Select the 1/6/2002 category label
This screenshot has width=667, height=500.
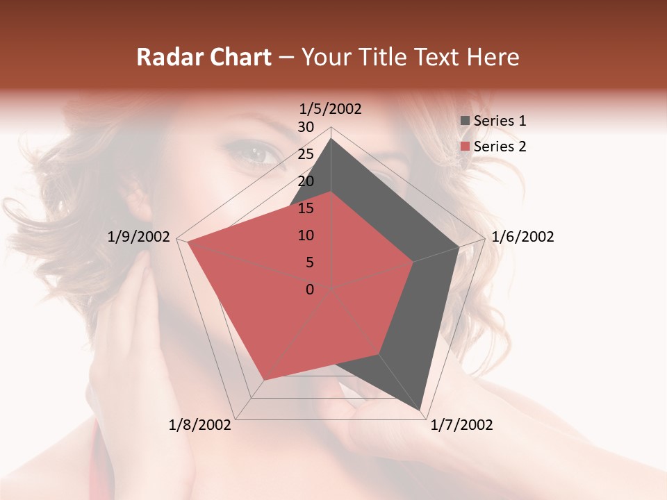point(522,237)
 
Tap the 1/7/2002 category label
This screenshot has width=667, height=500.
point(461,425)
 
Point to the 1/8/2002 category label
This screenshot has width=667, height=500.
point(200,425)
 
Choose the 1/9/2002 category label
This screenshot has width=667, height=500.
point(139,237)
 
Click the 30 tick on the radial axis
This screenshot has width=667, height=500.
point(306,127)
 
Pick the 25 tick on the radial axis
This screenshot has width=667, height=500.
point(306,154)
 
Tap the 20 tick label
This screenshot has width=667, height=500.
point(306,181)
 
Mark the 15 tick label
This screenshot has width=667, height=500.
point(306,208)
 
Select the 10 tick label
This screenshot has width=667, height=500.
point(306,235)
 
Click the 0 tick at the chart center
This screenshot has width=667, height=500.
point(310,290)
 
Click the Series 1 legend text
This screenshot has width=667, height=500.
point(500,121)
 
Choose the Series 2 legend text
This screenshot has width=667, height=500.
point(500,147)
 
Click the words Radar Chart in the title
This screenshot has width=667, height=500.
point(204,57)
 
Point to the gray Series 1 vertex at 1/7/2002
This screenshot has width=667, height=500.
point(420,409)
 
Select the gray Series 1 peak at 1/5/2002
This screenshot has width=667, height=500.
point(331,139)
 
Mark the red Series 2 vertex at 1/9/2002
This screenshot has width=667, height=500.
point(188,242)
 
